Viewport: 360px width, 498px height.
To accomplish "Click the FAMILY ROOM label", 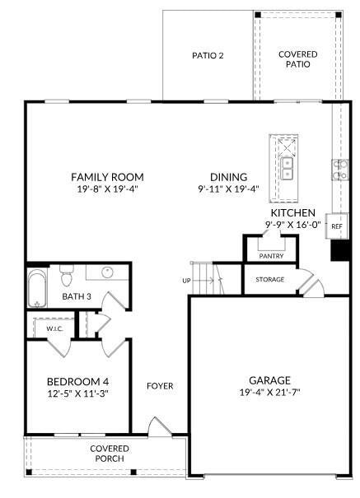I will pyautogui.click(x=107, y=177).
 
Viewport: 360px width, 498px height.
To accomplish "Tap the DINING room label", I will pyautogui.click(x=228, y=177).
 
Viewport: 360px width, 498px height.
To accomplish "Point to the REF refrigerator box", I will pyautogui.click(x=337, y=225).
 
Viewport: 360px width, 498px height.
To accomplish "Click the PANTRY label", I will pyautogui.click(x=271, y=256).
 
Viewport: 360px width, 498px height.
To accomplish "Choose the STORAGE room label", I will pyautogui.click(x=269, y=280).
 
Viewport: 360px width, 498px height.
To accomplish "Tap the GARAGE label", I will pyautogui.click(x=269, y=380).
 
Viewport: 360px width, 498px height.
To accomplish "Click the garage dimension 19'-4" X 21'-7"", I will pyautogui.click(x=269, y=393).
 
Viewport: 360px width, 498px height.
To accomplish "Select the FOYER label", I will pyautogui.click(x=160, y=385).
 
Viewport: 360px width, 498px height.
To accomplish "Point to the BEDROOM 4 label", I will pyautogui.click(x=77, y=381).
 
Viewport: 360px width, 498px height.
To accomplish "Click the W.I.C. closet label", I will pyautogui.click(x=54, y=328).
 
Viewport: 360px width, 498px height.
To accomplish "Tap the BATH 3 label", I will pyautogui.click(x=77, y=296).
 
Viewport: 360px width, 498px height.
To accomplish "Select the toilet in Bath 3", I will pyautogui.click(x=68, y=271).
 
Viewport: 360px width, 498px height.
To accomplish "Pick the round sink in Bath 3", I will pyautogui.click(x=108, y=272).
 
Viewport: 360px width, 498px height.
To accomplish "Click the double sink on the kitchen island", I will pyautogui.click(x=288, y=169).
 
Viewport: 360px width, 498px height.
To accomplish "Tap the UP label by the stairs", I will pyautogui.click(x=186, y=281).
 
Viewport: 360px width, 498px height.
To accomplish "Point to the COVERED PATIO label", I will pyautogui.click(x=297, y=59).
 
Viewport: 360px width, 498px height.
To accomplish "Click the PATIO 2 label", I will pyautogui.click(x=208, y=56).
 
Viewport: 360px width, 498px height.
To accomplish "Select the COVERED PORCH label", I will pyautogui.click(x=110, y=453).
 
